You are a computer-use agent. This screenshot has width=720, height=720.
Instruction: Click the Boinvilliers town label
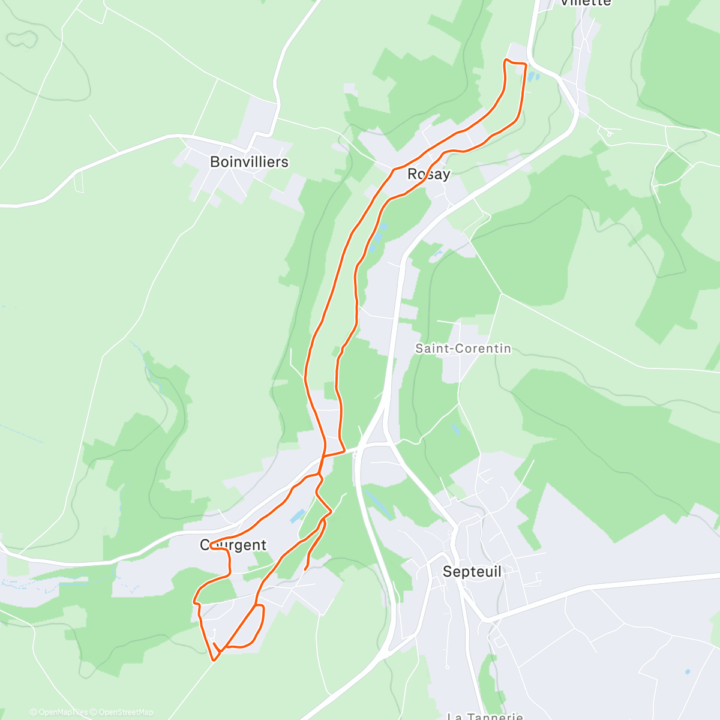pos(249,162)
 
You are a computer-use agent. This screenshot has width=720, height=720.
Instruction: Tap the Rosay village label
pos(428,174)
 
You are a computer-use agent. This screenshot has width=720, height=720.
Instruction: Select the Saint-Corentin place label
pos(463,349)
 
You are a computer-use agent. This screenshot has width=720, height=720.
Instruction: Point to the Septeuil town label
pos(472,572)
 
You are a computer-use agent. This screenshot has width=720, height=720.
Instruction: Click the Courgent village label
pos(233,545)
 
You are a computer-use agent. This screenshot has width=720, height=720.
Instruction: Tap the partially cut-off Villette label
pos(585,3)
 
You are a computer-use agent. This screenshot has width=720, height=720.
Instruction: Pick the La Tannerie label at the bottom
pos(485,716)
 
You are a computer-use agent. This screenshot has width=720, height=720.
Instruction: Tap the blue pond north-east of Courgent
pos(296,516)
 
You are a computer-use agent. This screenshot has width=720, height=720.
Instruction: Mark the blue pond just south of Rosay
pos(376,237)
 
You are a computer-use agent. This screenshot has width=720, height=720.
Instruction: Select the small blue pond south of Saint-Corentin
pos(455,430)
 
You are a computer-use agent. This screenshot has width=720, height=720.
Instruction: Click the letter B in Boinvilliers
pos(215,162)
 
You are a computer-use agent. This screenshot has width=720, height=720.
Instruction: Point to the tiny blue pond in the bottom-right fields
pos(688,671)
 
